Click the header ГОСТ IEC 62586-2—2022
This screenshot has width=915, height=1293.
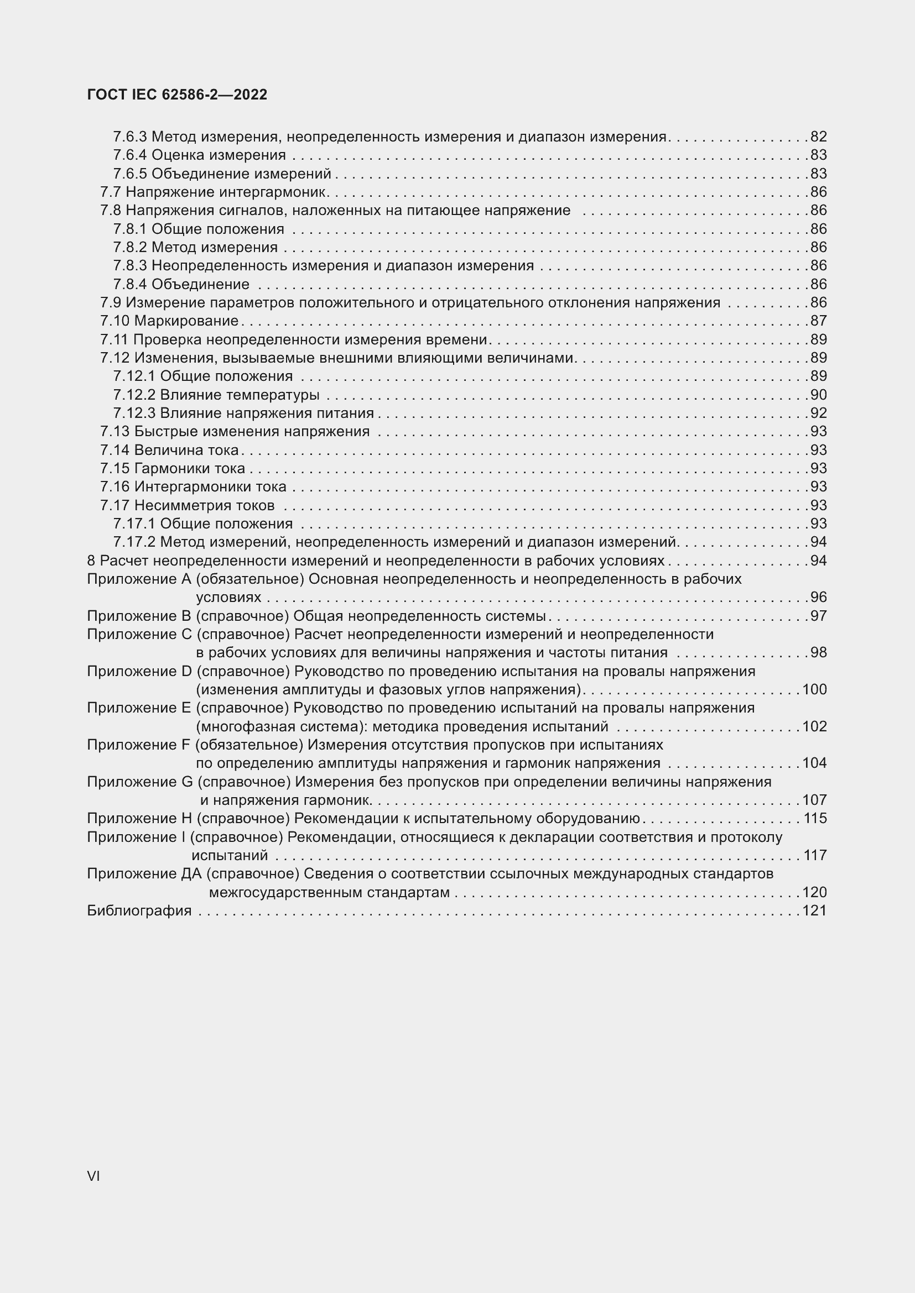(x=177, y=95)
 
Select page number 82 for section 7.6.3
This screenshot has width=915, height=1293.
(x=819, y=137)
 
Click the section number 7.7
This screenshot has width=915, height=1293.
(x=111, y=192)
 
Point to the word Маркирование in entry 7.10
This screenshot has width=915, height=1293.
(x=186, y=321)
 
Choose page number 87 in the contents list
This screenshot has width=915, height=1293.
(x=819, y=321)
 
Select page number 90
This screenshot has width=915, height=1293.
(x=819, y=395)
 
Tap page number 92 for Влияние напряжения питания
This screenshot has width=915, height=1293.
(x=819, y=413)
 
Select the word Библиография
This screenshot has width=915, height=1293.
(x=139, y=910)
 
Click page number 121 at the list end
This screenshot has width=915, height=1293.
(x=815, y=910)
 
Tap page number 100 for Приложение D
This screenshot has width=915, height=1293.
(x=815, y=689)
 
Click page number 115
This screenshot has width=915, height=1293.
(x=815, y=818)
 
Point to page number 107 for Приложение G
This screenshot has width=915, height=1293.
(x=815, y=800)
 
